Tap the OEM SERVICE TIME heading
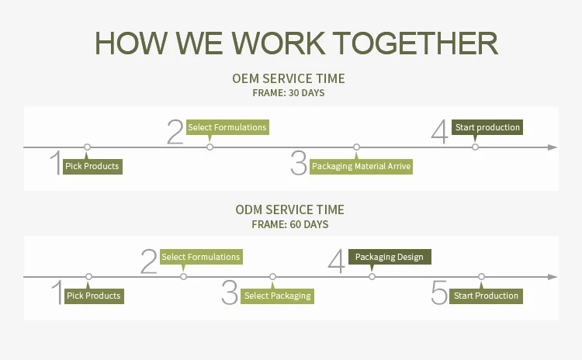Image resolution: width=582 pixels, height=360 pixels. pyautogui.click(x=289, y=78)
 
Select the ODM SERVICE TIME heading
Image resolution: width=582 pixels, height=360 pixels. pyautogui.click(x=289, y=210)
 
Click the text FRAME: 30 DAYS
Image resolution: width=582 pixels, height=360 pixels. pyautogui.click(x=289, y=93)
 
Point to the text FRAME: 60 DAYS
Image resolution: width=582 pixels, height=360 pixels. pyautogui.click(x=289, y=225)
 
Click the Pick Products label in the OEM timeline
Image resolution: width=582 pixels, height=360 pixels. pyautogui.click(x=92, y=166)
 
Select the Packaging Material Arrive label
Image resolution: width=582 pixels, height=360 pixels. pyautogui.click(x=361, y=166)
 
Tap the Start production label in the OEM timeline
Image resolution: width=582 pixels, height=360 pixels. pyautogui.click(x=487, y=127)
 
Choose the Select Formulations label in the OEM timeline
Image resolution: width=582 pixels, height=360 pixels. pyautogui.click(x=227, y=127)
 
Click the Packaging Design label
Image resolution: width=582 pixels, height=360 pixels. pyautogui.click(x=390, y=257)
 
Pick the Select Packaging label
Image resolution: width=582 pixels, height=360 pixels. pyautogui.click(x=277, y=296)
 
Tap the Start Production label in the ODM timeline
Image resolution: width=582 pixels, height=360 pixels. pyautogui.click(x=486, y=296)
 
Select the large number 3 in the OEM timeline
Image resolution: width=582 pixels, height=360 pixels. pyautogui.click(x=299, y=164)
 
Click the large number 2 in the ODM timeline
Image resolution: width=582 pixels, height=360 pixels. pyautogui.click(x=149, y=261)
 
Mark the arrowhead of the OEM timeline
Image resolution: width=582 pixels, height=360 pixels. pyautogui.click(x=553, y=147)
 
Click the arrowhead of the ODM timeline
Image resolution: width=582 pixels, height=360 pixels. pyautogui.click(x=553, y=276)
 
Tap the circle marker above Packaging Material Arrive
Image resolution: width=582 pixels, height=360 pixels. pyautogui.click(x=356, y=147)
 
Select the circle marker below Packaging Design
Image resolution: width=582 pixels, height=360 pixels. pyautogui.click(x=372, y=276)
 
